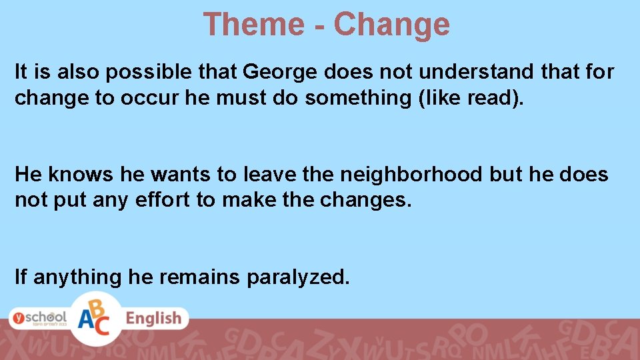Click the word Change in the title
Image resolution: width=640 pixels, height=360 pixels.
[392, 24]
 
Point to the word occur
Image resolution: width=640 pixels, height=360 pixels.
[147, 97]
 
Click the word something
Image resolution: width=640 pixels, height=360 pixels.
[353, 97]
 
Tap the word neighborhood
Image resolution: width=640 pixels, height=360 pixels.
[411, 175]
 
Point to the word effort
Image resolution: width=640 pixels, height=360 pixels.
[160, 200]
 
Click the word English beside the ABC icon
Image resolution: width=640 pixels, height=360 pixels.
[153, 319]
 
